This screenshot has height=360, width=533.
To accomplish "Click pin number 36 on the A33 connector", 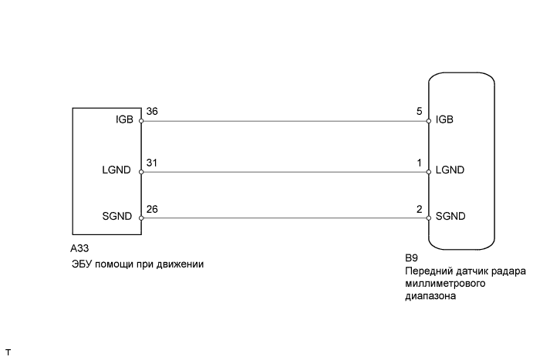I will pyautogui.click(x=151, y=112).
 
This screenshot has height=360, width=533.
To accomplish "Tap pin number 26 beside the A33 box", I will pyautogui.click(x=151, y=208).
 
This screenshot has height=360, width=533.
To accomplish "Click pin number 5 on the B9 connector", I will pyautogui.click(x=420, y=112).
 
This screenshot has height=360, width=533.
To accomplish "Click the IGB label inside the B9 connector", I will pyautogui.click(x=444, y=120).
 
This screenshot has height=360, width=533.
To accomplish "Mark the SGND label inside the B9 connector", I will pyautogui.click(x=450, y=217).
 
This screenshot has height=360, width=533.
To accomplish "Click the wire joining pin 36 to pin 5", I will pyautogui.click(x=285, y=121).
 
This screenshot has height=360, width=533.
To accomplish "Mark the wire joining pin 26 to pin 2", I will pyautogui.click(x=285, y=217).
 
